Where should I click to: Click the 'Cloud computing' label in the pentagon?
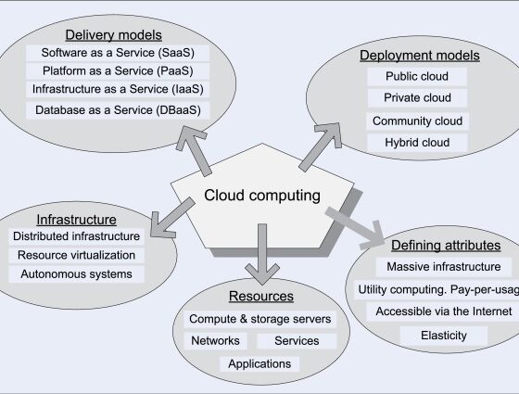coord(262,196)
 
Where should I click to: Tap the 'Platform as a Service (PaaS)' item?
coord(117,70)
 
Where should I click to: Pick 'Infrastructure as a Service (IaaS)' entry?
coord(117,90)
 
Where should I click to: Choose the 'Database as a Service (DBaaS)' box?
coord(117,110)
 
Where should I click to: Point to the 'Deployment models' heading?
coord(419,56)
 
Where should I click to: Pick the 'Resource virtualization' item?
coord(76,255)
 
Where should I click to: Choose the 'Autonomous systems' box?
coord(76,274)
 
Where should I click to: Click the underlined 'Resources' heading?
coord(263,297)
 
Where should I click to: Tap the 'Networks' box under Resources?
coord(215,340)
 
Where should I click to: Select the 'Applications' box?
coord(260,363)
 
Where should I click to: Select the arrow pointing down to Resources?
coord(262,255)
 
